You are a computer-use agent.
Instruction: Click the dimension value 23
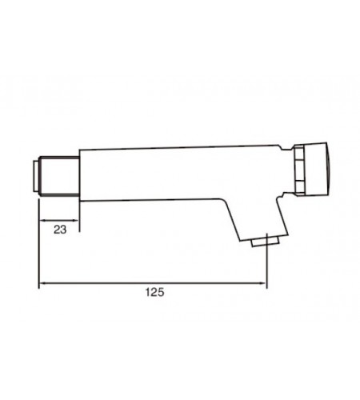[x=60, y=230]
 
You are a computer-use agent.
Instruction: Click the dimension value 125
[x=154, y=292]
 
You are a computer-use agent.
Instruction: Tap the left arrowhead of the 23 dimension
[x=42, y=220]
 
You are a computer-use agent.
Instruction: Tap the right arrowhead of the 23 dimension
[x=75, y=220]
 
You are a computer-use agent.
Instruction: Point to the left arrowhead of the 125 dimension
[x=42, y=283]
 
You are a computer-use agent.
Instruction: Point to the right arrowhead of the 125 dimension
[x=262, y=283]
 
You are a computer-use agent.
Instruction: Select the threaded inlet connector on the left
[x=58, y=177]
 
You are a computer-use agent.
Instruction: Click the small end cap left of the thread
[x=36, y=176]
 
